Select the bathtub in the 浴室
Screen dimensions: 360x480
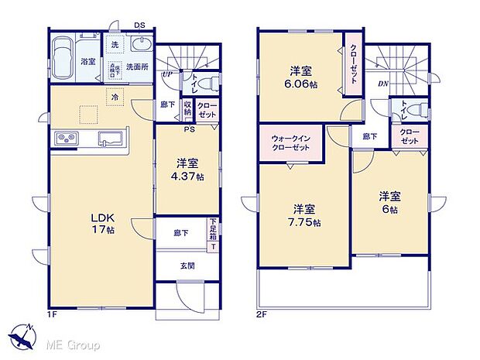pos(63,56)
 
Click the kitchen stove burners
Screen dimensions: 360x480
pos(67,139)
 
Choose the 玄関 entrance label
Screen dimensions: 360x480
pos(188,266)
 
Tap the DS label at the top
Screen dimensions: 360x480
pos(140,26)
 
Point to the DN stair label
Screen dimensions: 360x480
pos(383,84)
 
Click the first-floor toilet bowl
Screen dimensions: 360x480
pos(203,84)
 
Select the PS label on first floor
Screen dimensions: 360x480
pos(189,129)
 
